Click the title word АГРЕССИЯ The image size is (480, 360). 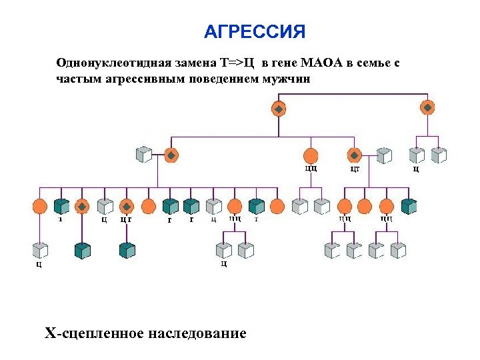coord(254,33)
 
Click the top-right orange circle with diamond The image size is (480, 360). coord(428,107)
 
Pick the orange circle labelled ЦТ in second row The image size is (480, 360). coord(355,155)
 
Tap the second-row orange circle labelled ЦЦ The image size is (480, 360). coord(311,155)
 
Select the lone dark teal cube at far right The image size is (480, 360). coord(409,206)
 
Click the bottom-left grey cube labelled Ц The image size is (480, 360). coord(40,251)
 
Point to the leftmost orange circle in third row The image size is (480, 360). coord(39,206)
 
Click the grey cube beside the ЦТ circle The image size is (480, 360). coord(384,155)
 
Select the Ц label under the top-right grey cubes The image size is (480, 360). coord(416,169)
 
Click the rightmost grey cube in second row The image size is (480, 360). coord(438,155)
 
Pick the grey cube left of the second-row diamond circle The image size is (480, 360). coord(144,155)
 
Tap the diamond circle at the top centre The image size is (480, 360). coord(279,108)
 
